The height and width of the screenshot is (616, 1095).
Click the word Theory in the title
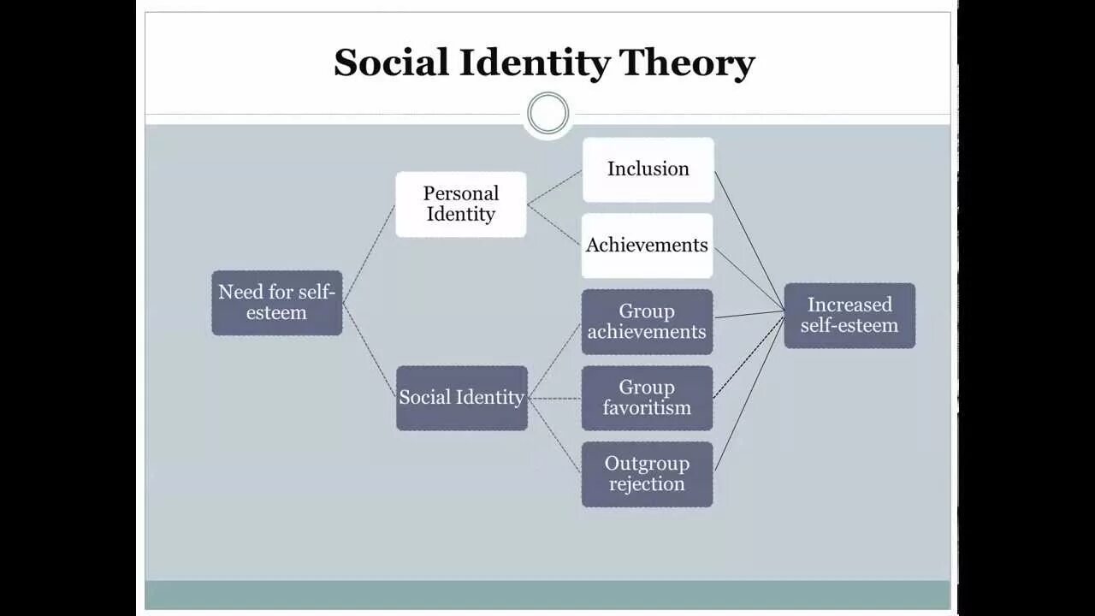(686, 63)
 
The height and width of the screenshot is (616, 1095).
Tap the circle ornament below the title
(547, 114)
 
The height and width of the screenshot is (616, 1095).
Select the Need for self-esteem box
(276, 303)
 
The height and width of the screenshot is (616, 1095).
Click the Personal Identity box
(460, 204)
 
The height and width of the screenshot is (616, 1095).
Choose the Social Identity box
(461, 398)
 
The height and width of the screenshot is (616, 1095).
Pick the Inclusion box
(648, 169)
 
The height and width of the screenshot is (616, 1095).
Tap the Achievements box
(647, 246)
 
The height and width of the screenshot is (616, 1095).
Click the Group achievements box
(647, 322)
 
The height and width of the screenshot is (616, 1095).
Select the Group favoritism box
(647, 398)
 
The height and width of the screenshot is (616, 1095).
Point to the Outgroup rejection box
(647, 474)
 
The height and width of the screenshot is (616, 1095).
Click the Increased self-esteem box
(849, 316)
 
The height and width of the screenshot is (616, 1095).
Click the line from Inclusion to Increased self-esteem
(749, 240)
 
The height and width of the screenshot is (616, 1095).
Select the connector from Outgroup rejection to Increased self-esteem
(749, 393)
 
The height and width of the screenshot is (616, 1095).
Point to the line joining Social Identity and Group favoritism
(554, 398)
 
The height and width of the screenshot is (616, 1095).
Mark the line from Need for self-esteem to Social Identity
(370, 350)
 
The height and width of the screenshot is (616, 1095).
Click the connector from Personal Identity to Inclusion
(553, 187)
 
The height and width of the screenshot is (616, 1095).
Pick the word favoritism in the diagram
(647, 408)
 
